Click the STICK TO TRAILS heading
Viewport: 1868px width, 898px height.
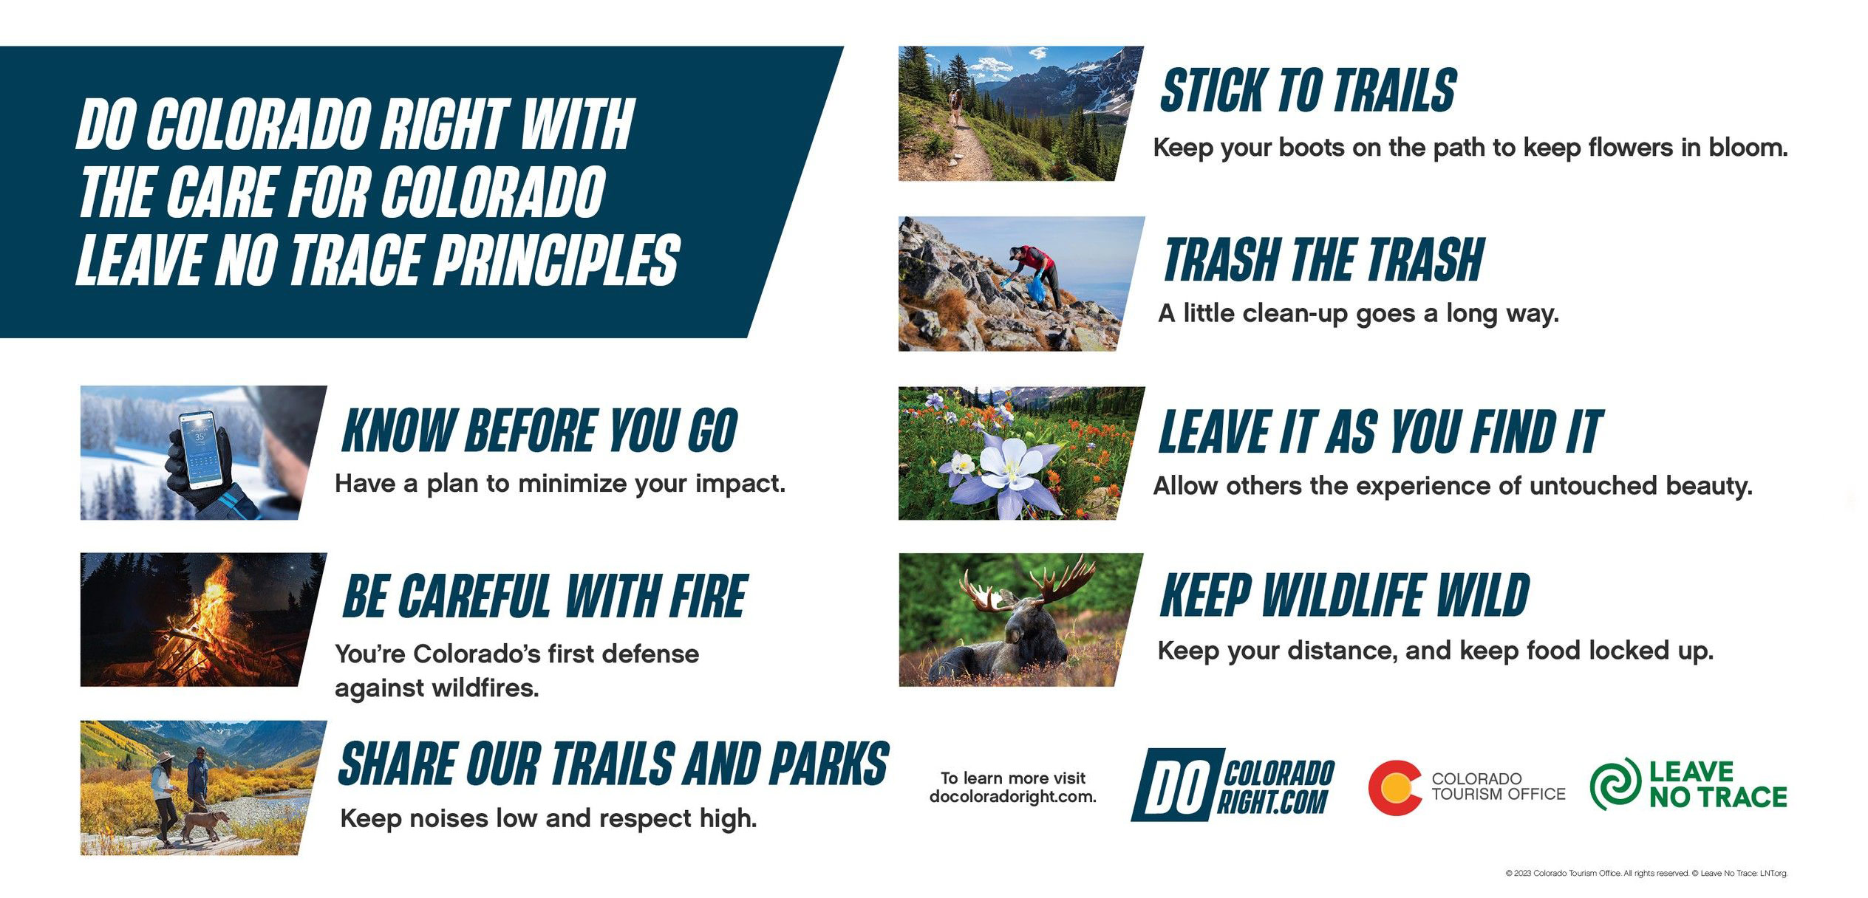point(1308,90)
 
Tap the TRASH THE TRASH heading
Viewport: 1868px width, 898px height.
point(1323,260)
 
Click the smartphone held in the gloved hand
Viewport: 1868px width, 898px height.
point(201,450)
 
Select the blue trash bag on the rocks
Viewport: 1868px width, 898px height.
point(1037,288)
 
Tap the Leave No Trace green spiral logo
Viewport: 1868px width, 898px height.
point(1615,784)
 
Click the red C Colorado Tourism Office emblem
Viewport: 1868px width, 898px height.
point(1394,787)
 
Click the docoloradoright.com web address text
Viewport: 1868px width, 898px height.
point(1012,797)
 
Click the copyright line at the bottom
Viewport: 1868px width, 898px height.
point(1646,873)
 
